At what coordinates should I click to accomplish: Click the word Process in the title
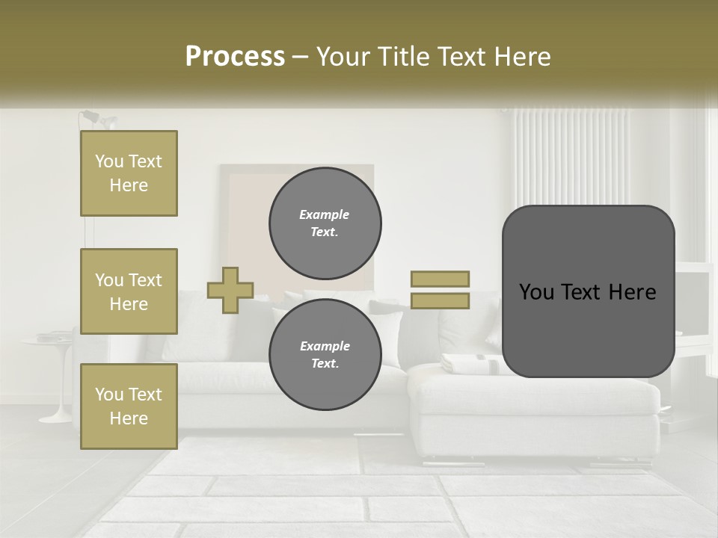point(235,57)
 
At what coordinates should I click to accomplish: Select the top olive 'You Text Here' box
point(129,173)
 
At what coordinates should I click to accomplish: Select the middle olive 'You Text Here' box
point(129,291)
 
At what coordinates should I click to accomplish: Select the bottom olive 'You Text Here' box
point(129,406)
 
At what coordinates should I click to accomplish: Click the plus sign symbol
point(230,290)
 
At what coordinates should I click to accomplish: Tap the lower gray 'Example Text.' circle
point(325,354)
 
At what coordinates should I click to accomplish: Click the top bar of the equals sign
point(440,279)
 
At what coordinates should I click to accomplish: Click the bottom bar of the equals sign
point(440,301)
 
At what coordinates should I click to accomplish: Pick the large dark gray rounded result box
point(588,291)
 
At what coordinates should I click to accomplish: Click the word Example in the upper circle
point(324,214)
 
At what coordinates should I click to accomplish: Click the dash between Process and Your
point(301,57)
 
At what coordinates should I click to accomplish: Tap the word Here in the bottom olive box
point(129,418)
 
